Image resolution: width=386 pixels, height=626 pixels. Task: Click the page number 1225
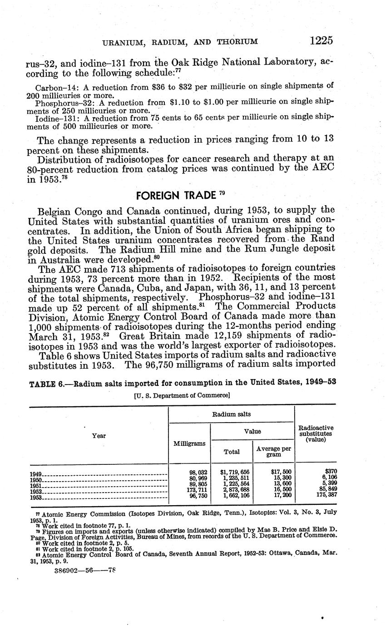[321, 40]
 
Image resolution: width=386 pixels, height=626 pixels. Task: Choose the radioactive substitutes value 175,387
[323, 497]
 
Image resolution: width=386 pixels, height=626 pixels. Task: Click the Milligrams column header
[189, 443]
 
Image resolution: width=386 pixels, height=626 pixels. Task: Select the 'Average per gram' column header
[273, 451]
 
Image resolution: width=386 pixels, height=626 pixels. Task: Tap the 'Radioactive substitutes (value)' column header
[316, 434]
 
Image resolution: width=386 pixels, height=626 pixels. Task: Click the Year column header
[99, 435]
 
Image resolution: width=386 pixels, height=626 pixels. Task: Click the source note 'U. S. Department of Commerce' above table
[182, 395]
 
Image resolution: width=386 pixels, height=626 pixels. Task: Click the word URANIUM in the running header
[124, 42]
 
